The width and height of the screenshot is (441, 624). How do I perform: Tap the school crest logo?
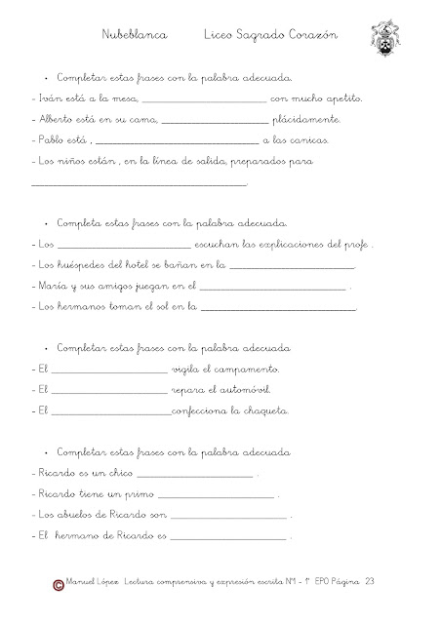386,39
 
